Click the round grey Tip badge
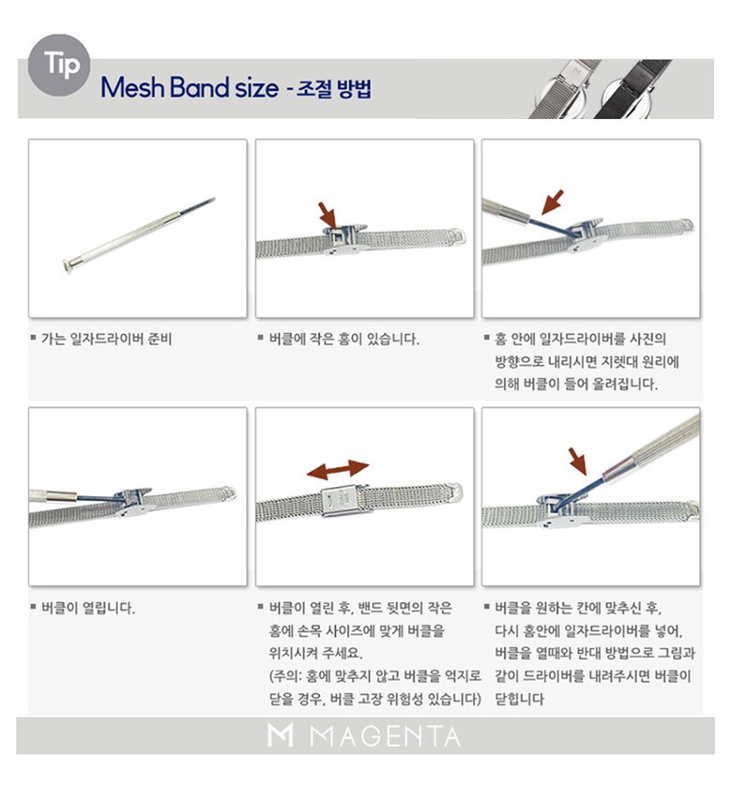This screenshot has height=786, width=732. click(59, 65)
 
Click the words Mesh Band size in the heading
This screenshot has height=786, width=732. click(190, 88)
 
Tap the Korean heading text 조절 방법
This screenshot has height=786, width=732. click(334, 88)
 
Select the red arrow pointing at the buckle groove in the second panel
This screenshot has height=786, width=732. click(328, 215)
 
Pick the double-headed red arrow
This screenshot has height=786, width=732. click(338, 470)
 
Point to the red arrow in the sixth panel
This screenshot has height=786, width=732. click(577, 461)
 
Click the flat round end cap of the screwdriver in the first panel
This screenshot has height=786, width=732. click(68, 265)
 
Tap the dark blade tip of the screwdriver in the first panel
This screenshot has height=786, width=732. click(198, 205)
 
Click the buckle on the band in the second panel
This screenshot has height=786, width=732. click(343, 239)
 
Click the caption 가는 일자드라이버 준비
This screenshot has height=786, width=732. click(106, 339)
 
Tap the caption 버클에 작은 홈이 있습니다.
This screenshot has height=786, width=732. click(344, 339)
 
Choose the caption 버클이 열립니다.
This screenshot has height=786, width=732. click(88, 608)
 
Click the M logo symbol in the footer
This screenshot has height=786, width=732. click(280, 735)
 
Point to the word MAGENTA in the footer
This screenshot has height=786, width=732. click(385, 737)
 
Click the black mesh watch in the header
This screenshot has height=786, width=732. click(633, 89)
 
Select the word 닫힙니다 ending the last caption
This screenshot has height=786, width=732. click(519, 699)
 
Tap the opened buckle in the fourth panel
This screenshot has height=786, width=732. click(132, 501)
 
